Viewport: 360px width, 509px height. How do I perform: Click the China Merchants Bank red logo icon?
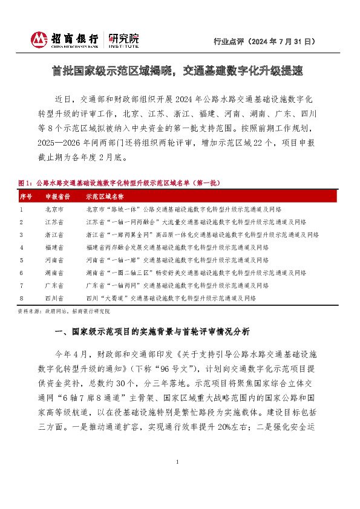click(x=39, y=40)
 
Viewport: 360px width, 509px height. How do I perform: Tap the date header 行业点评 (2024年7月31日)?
click(x=264, y=42)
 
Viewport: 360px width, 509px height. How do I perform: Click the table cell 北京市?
click(x=54, y=209)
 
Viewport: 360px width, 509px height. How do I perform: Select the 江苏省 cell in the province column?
click(x=54, y=222)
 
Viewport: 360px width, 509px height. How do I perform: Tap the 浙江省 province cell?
click(x=54, y=235)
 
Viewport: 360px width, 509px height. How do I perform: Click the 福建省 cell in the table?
click(x=54, y=247)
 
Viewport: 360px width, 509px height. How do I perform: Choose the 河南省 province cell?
click(x=54, y=260)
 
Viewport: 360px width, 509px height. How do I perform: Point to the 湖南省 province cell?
click(x=54, y=273)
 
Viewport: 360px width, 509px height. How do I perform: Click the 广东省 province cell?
click(x=54, y=285)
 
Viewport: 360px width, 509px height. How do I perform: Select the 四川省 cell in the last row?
click(x=54, y=298)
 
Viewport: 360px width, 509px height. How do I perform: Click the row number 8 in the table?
click(x=21, y=298)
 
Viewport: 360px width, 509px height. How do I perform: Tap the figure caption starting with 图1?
click(x=120, y=183)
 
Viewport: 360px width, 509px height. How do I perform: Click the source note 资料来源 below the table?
click(x=64, y=310)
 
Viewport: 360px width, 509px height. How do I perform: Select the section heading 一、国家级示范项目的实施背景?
click(x=151, y=332)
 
